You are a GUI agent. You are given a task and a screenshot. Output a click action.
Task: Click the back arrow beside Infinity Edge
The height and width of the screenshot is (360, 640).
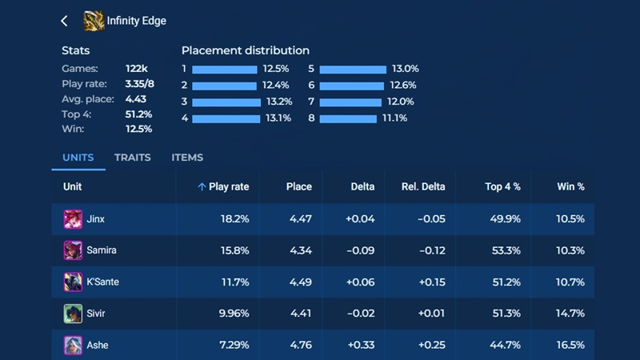coord(64,21)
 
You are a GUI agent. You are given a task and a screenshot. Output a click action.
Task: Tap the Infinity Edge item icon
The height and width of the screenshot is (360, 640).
coord(94,21)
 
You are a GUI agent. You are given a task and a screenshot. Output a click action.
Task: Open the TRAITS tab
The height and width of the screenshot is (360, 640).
coord(132,158)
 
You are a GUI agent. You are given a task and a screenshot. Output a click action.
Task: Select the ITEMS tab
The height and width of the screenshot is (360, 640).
coord(187,158)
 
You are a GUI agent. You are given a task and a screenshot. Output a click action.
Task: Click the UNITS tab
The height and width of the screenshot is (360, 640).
coord(78,158)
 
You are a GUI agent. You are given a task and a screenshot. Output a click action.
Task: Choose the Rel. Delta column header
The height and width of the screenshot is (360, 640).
coord(423,187)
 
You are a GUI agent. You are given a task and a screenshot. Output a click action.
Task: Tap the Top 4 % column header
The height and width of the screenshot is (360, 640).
coord(502,187)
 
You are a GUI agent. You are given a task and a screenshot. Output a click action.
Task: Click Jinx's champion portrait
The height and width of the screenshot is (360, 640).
coord(74,219)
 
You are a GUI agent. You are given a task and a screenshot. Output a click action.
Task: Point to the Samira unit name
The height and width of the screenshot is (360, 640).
coord(102,250)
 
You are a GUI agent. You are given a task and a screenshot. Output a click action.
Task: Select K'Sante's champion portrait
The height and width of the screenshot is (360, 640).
coord(74,282)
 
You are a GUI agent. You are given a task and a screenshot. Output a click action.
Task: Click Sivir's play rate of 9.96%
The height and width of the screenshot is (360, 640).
coord(234,314)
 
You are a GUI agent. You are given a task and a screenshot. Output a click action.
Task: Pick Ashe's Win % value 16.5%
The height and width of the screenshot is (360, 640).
coord(570,346)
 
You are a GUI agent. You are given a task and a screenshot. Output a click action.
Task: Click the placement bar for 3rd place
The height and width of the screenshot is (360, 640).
coord(226,102)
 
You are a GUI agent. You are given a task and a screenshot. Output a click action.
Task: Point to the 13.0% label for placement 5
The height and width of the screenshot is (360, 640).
coord(405,69)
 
